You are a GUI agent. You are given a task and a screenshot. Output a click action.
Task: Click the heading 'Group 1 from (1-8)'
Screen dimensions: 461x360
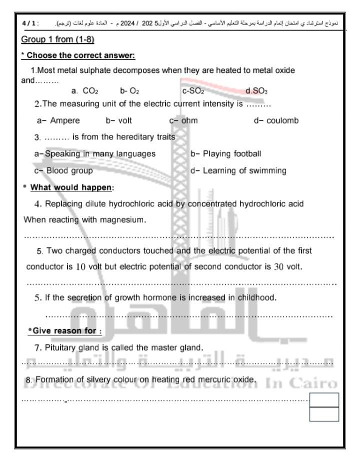click(x=58, y=39)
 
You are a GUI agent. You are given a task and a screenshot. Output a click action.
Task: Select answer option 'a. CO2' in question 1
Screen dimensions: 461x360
click(x=85, y=91)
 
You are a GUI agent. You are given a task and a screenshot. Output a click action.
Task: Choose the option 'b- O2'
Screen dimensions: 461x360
click(x=129, y=91)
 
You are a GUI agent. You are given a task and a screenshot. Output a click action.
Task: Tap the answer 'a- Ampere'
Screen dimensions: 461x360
click(x=58, y=120)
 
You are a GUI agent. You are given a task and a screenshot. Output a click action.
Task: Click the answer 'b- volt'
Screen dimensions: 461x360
click(x=118, y=120)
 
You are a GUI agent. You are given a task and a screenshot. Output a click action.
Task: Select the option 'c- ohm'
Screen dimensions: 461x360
click(x=183, y=120)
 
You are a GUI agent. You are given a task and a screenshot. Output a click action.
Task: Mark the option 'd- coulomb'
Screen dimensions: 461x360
click(x=276, y=120)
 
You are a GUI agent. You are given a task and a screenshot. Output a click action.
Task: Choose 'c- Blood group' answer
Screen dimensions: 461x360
click(x=63, y=170)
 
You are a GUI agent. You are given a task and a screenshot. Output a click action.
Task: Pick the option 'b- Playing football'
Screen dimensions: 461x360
click(x=226, y=153)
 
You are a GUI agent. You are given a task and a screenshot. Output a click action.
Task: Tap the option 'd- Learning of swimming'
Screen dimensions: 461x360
click(x=238, y=170)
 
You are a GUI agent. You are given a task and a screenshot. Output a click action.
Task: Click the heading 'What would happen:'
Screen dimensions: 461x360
click(x=72, y=187)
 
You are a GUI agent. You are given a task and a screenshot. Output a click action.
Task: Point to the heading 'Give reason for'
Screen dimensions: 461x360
click(x=64, y=330)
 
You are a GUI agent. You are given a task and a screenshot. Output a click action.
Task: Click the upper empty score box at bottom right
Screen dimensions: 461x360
click(x=324, y=400)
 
